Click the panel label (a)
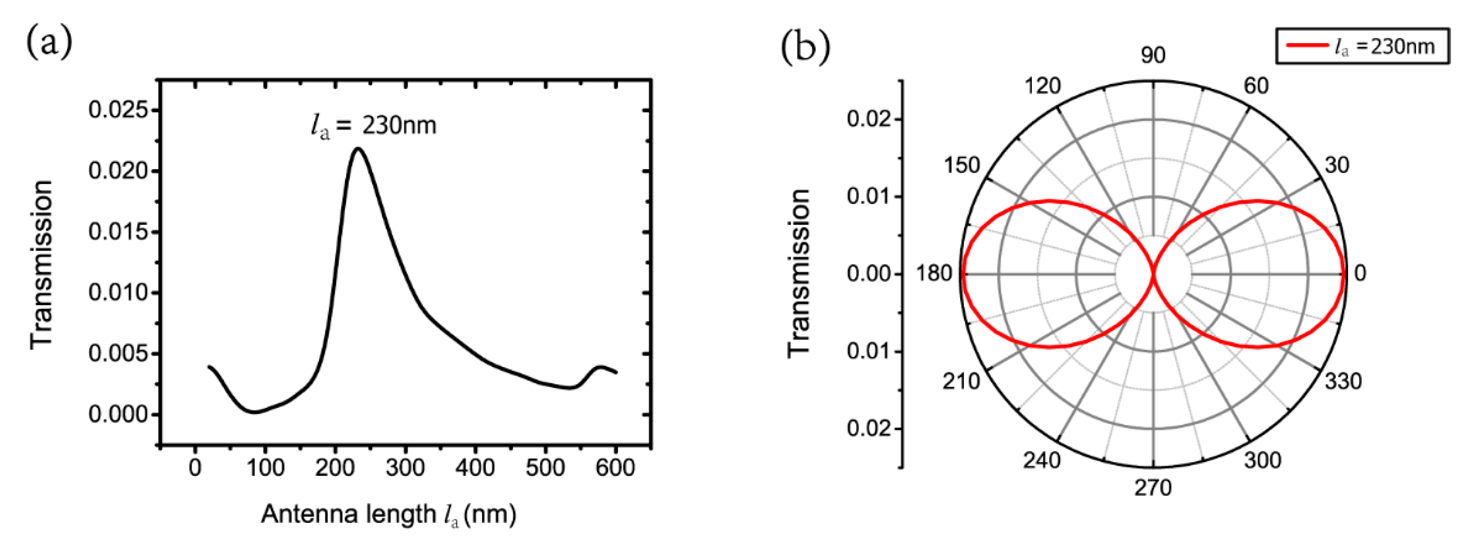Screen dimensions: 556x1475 tap(49, 44)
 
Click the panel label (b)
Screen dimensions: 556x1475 tap(805, 48)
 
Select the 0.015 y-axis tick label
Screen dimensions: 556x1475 tap(118, 232)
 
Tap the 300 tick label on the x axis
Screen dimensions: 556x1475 tap(405, 468)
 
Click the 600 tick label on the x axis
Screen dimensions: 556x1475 tap(615, 468)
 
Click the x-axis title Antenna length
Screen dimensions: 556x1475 tap(389, 514)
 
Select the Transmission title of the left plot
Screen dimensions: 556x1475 tap(42, 264)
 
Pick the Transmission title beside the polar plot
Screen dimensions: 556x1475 tap(799, 274)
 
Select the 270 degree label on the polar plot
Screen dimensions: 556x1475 tap(1153, 488)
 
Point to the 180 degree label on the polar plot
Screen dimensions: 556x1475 tap(933, 274)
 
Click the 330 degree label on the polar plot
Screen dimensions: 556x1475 tap(1343, 381)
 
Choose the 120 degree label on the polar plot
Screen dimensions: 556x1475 tap(1042, 86)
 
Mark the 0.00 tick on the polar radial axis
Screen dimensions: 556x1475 tap(869, 274)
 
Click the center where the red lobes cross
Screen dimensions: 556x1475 tap(1153, 274)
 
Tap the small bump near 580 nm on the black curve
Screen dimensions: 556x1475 tap(600, 367)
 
